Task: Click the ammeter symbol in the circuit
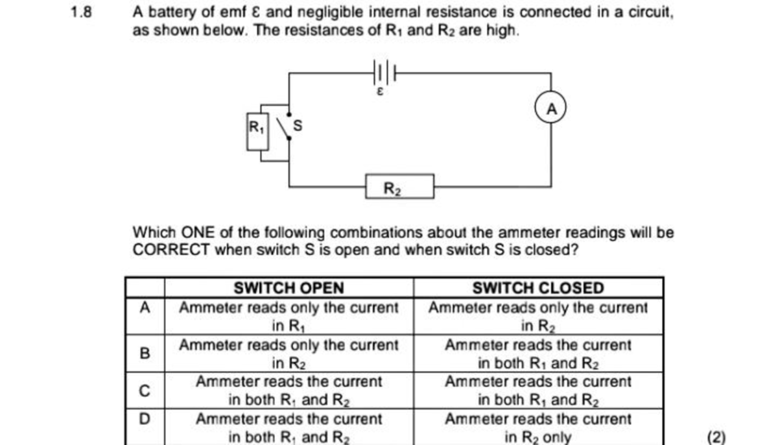(x=551, y=108)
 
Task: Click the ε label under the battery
(x=381, y=93)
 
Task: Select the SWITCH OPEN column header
(x=289, y=288)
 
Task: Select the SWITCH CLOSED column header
(x=538, y=288)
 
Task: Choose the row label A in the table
(x=145, y=307)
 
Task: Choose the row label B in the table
(x=145, y=354)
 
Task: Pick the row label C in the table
(x=145, y=391)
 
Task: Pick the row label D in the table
(x=145, y=420)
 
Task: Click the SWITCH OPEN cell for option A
(x=289, y=316)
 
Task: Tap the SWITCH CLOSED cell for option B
(x=538, y=354)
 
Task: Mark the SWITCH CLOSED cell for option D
(x=538, y=428)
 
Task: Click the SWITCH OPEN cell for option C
(x=289, y=391)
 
